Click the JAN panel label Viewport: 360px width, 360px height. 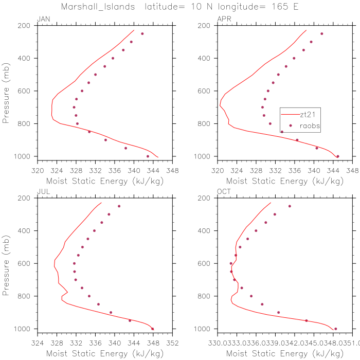click(x=43, y=19)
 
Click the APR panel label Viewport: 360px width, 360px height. click(x=224, y=19)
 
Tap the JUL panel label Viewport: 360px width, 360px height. click(x=43, y=192)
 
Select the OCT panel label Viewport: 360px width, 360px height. click(x=224, y=192)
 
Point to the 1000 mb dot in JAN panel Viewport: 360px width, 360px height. click(x=148, y=156)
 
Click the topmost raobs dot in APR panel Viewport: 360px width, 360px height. click(x=322, y=34)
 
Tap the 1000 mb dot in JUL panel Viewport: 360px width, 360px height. click(x=153, y=329)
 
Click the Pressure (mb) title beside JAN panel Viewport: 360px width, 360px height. click(x=6, y=91)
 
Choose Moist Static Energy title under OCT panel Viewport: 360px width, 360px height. click(x=284, y=353)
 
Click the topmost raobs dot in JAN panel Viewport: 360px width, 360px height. click(x=142, y=34)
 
